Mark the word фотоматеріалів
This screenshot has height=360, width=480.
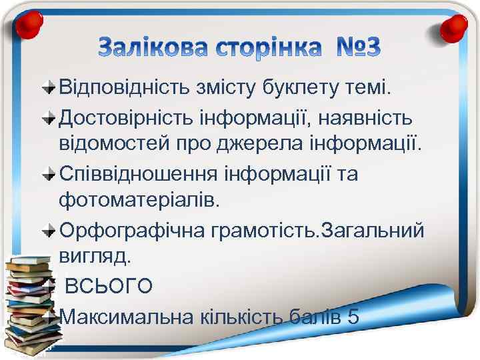(139, 199)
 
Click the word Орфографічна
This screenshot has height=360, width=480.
(133, 230)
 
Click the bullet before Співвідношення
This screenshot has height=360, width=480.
(49, 175)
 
